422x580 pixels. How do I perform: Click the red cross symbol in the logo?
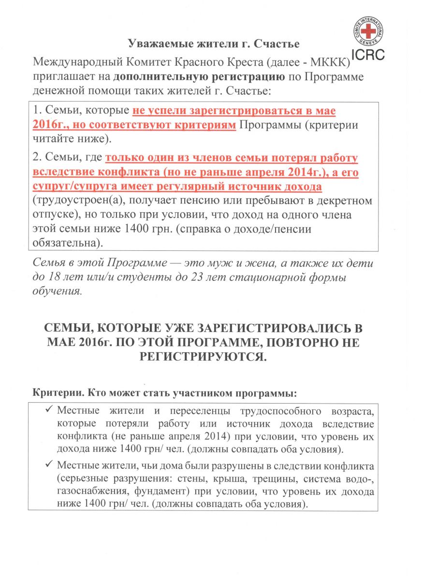pos(369,31)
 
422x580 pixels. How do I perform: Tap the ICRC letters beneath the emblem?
pos(368,54)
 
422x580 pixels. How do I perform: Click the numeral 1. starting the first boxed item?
pos(38,111)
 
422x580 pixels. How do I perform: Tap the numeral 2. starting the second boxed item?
pos(38,159)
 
